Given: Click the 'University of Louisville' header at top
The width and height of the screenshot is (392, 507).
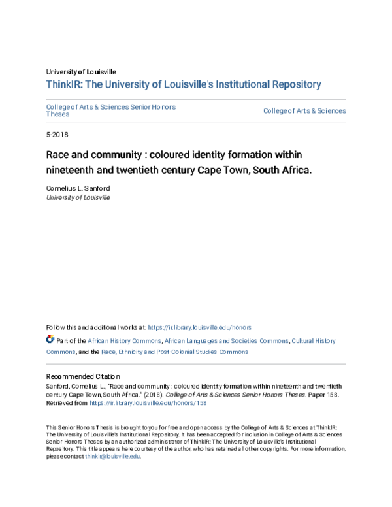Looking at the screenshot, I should [x=81, y=71].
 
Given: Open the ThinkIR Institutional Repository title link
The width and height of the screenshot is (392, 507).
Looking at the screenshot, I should [x=184, y=84].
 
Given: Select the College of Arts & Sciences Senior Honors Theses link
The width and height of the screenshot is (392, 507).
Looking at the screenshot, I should [x=111, y=110].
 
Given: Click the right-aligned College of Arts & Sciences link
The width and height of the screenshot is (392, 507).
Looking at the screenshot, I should [x=304, y=111].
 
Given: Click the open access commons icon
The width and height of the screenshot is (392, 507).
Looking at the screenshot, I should [x=50, y=340].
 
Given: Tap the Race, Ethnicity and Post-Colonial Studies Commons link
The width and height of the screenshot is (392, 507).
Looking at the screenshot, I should [x=174, y=352].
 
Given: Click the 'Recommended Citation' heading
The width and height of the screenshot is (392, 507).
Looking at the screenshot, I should [x=83, y=376].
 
